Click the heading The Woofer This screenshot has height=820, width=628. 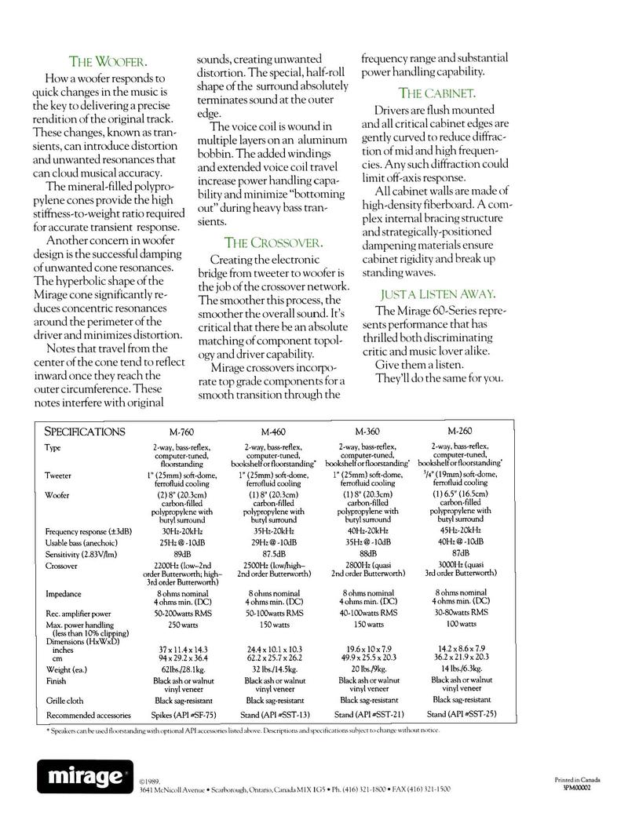(107, 61)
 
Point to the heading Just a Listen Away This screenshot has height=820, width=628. (437, 293)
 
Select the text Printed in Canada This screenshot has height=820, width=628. (577, 779)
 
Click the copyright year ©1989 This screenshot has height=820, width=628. (150, 782)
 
